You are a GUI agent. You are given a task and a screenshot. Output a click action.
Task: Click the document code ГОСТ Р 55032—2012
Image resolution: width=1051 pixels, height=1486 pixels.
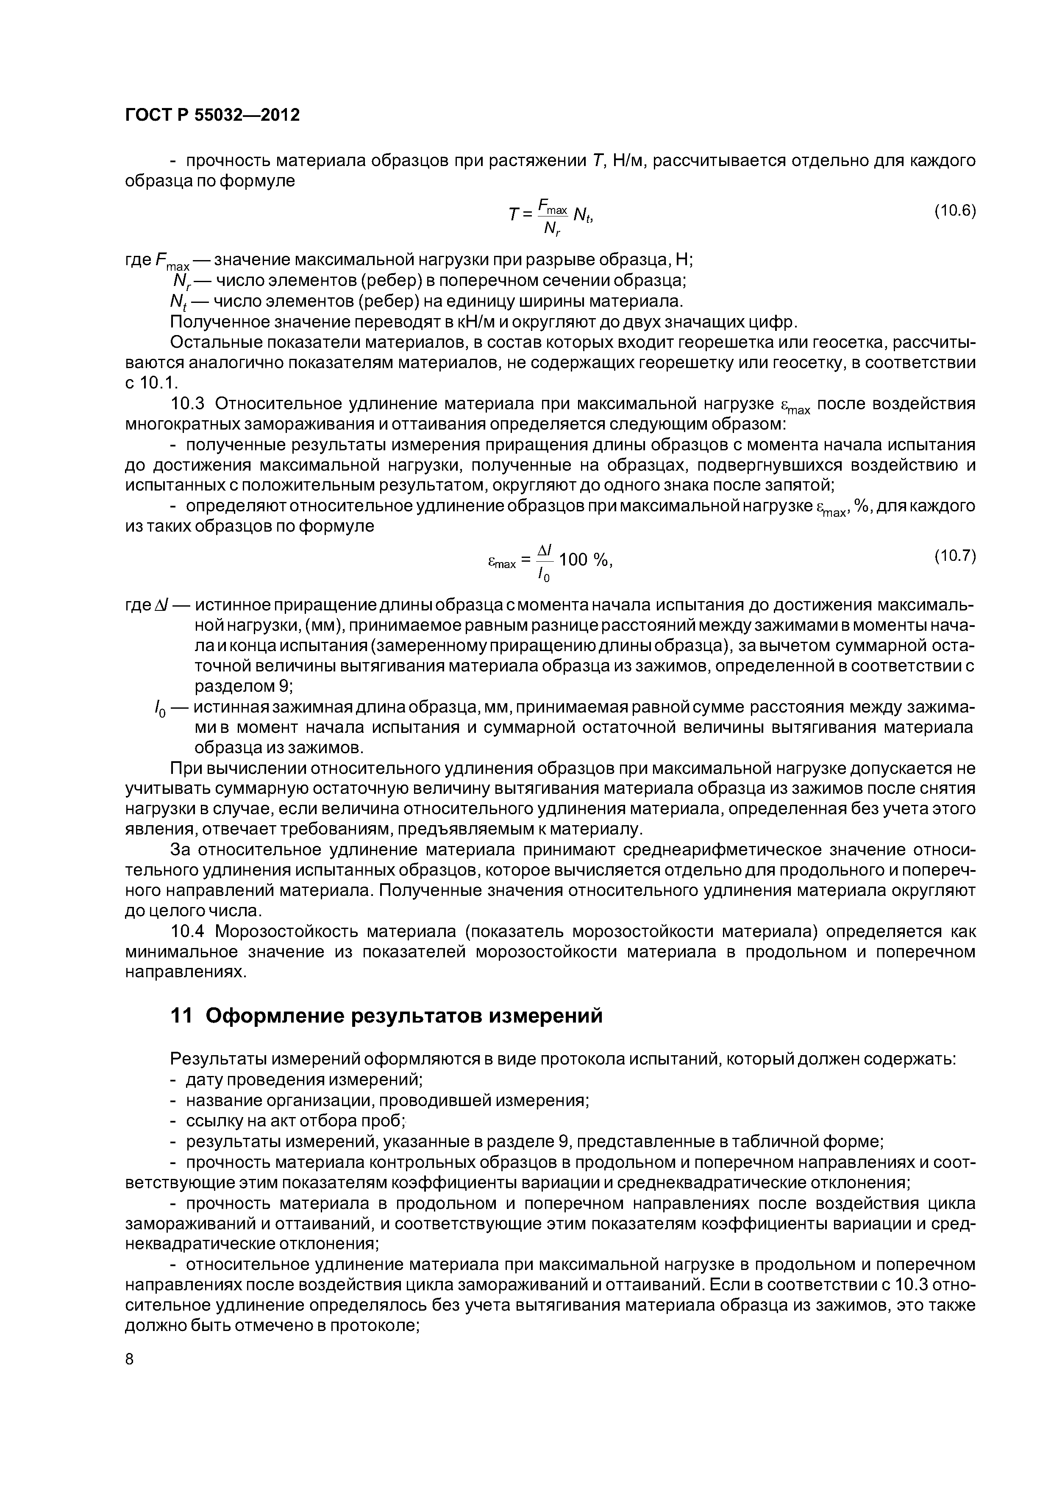point(212,115)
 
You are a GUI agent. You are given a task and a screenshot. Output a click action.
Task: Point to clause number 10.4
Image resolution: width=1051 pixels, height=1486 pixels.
point(187,932)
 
